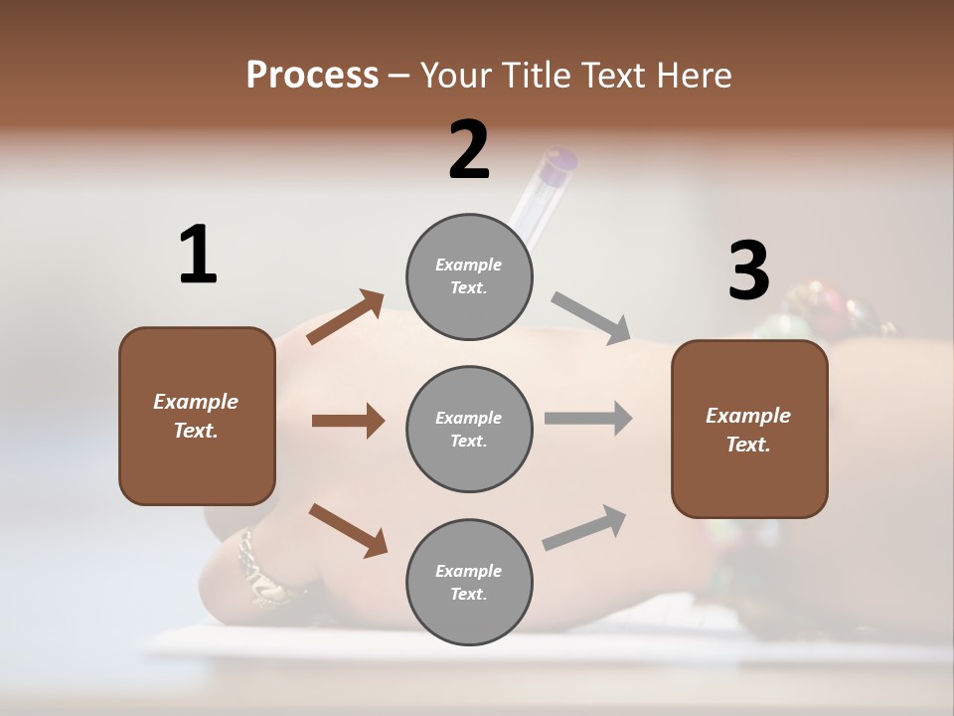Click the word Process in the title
(312, 76)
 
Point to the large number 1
(198, 256)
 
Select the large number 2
(469, 150)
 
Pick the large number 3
(748, 270)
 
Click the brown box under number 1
(197, 416)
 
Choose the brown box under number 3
(749, 430)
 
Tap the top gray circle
(469, 276)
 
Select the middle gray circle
(469, 429)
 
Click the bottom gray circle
(469, 582)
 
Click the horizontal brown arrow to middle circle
(348, 421)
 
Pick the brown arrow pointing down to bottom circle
(348, 529)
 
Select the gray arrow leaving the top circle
(591, 317)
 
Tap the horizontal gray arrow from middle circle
(588, 419)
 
